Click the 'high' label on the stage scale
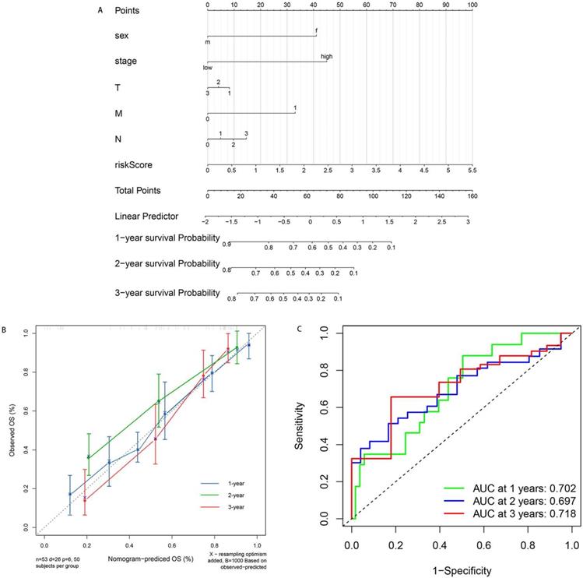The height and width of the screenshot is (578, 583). coord(326,57)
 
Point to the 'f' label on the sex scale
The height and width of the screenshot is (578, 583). coord(316,31)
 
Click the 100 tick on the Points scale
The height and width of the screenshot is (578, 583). coord(472,5)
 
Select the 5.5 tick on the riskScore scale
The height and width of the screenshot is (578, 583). coord(472,170)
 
